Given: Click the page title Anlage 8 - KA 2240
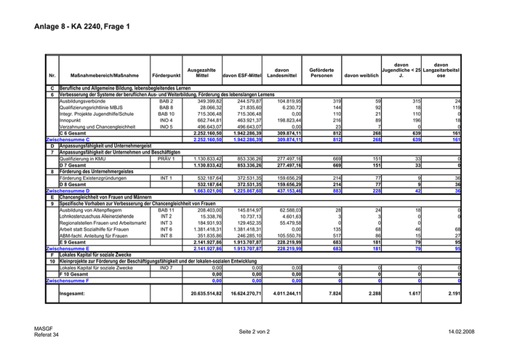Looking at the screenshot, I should point(81,27).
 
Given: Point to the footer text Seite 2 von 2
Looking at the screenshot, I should point(254,331).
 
